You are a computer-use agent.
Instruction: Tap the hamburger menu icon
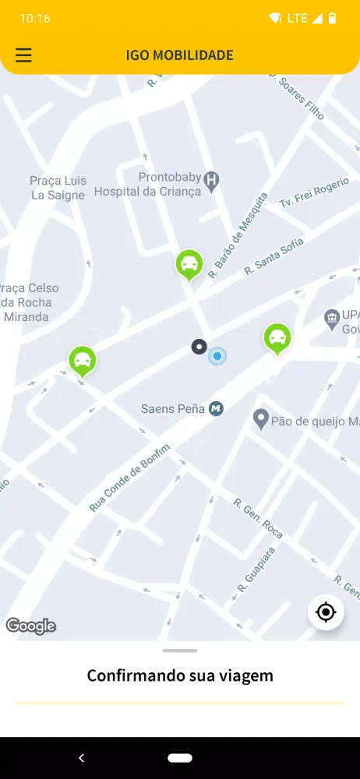pyautogui.click(x=24, y=55)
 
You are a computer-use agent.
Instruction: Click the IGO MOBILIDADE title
pyautogui.click(x=180, y=55)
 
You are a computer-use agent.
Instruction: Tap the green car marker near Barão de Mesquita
pyautogui.click(x=189, y=265)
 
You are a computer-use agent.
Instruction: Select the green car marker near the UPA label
pyautogui.click(x=277, y=338)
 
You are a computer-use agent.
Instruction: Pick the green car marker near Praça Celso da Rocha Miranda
pyautogui.click(x=82, y=360)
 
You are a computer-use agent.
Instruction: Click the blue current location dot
pyautogui.click(x=217, y=356)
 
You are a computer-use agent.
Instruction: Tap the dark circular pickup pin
pyautogui.click(x=199, y=347)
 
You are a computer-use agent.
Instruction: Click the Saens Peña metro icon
pyautogui.click(x=217, y=408)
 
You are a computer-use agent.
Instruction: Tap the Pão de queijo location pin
pyautogui.click(x=261, y=420)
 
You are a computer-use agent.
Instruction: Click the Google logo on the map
pyautogui.click(x=31, y=626)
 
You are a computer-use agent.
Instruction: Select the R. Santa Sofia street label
pyautogui.click(x=274, y=256)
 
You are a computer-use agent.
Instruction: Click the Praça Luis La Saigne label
pyautogui.click(x=58, y=188)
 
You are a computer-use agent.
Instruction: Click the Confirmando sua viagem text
pyautogui.click(x=180, y=675)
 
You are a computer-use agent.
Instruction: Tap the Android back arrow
pyautogui.click(x=81, y=757)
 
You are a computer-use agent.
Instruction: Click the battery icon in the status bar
pyautogui.click(x=333, y=18)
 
